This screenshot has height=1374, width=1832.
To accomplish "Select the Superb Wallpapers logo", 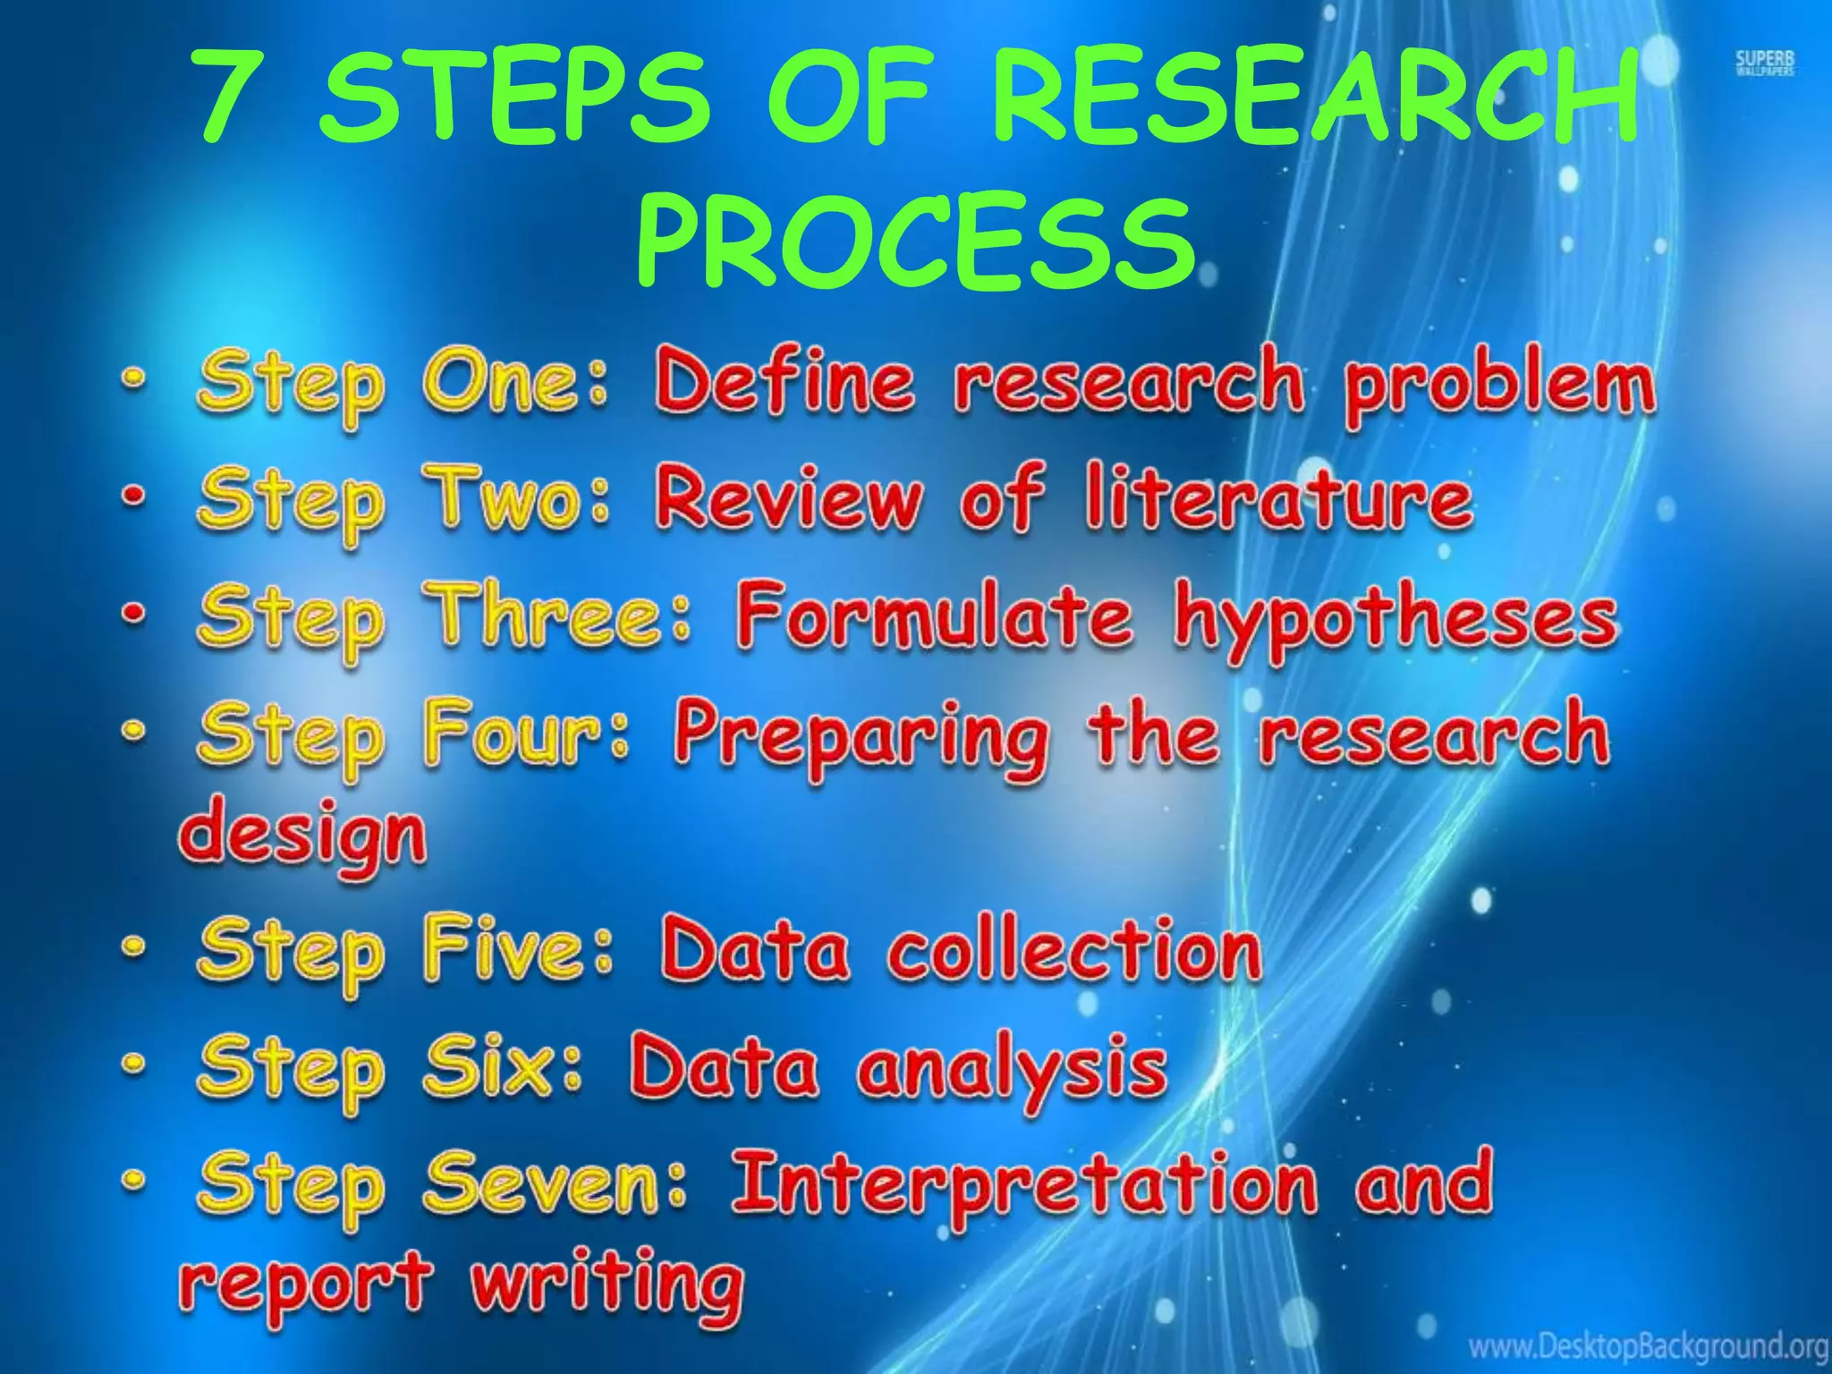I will coord(1765,64).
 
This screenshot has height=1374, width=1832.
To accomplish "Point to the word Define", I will coord(785,383).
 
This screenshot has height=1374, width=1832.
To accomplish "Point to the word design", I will coord(303,837).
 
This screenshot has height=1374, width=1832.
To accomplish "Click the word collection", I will coord(1073,950).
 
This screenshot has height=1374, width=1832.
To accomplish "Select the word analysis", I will coord(1011,1070).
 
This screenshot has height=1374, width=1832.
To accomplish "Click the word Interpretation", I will coord(1023,1186).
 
